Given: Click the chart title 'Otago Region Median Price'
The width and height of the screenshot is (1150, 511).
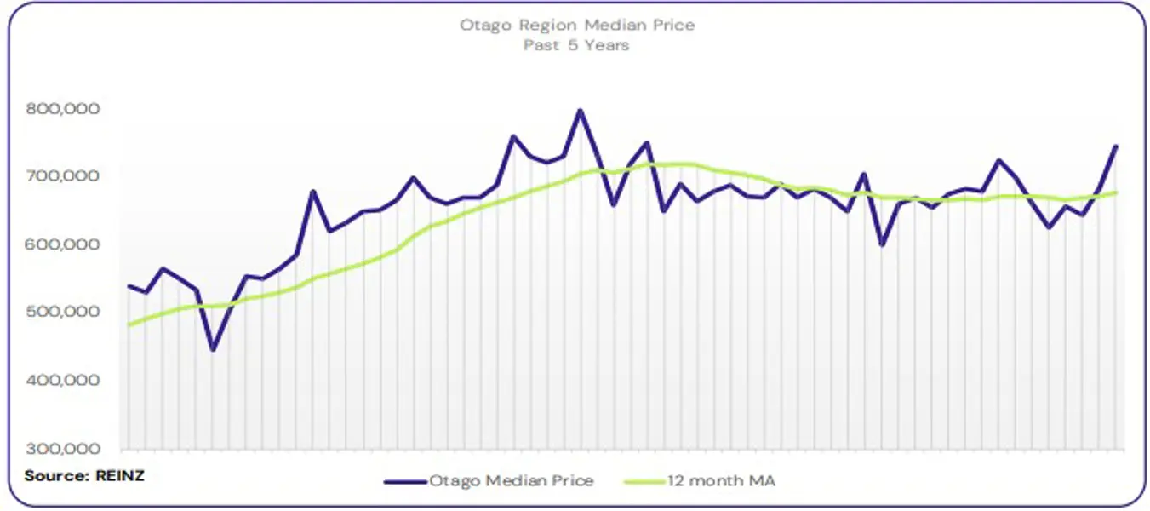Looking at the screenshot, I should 577,25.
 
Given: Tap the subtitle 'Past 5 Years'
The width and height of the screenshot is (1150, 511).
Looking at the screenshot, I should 576,45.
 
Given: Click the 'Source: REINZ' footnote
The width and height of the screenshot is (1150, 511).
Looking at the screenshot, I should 84,475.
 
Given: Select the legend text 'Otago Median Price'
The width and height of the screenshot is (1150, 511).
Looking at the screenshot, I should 511,481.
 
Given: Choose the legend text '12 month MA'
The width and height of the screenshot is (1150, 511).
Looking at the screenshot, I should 721,481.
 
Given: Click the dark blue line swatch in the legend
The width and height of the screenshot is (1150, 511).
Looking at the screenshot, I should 404,481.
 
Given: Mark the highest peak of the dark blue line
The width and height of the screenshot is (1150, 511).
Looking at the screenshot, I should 581,110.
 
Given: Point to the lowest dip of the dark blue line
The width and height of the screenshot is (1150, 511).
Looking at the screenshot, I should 213,349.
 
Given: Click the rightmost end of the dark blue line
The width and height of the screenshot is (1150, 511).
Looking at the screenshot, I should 1115,146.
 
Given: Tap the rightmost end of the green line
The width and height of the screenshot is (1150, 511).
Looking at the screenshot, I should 1115,192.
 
